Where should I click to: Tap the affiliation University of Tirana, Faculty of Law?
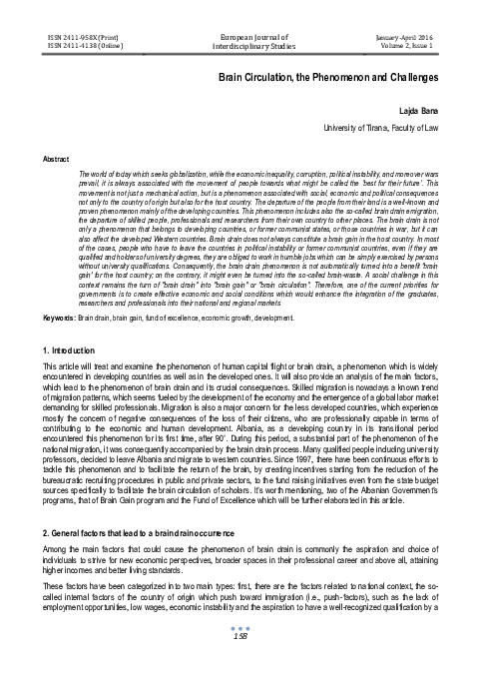tap(382, 129)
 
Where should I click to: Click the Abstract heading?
tap(49, 158)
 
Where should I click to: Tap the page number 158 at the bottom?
tap(240, 665)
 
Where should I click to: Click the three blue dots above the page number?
tap(240, 655)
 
